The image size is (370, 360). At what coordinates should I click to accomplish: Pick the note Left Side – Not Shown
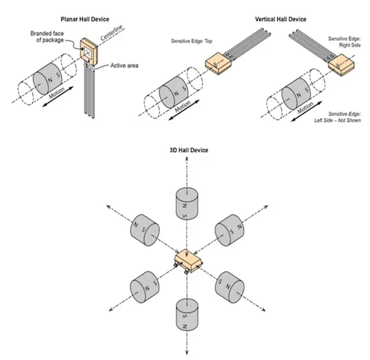click(343, 119)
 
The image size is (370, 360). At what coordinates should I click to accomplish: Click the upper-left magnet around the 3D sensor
click(141, 230)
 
